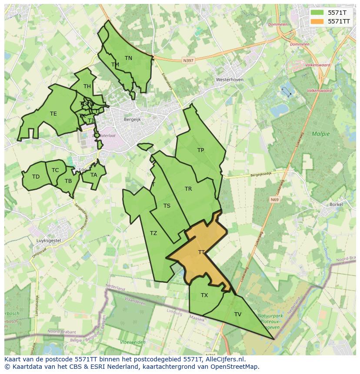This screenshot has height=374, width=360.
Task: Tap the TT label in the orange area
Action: point(201,252)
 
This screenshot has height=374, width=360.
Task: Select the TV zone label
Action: point(238,314)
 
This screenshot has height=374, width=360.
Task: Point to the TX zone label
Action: point(204,295)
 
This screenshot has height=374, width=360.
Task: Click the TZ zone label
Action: point(153,233)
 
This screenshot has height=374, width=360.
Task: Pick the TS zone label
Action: point(167,206)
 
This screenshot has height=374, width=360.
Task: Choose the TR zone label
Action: point(188,189)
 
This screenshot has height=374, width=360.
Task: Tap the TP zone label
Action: point(200,150)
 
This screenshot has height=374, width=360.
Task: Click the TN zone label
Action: point(128,58)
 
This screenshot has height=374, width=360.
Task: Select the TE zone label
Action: point(53,114)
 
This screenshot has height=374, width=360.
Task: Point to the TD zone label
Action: point(36,177)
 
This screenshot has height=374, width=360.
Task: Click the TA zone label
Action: point(94,175)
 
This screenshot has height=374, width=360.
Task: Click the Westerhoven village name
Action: point(230,80)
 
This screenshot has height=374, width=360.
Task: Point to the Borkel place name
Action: point(336,204)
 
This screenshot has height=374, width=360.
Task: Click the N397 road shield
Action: point(188,61)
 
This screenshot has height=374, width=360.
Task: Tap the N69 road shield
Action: point(274,200)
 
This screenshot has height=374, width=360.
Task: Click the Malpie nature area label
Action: point(321,134)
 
